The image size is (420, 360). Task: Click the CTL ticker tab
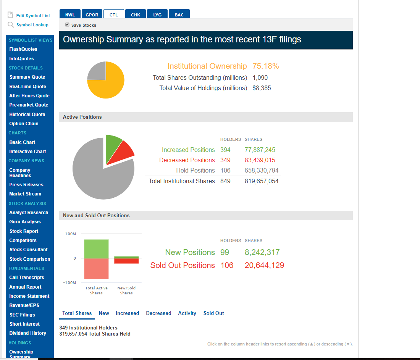click(x=113, y=15)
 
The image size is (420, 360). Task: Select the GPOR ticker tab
click(x=92, y=15)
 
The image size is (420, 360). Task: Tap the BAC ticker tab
click(x=179, y=15)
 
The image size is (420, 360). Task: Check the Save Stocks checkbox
click(x=68, y=25)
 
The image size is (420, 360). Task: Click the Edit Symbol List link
click(x=33, y=16)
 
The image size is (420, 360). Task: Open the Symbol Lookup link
click(x=32, y=25)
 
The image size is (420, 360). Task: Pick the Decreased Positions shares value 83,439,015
click(x=260, y=160)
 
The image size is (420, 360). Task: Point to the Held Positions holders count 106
click(x=225, y=170)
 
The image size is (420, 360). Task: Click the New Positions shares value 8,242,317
click(x=262, y=252)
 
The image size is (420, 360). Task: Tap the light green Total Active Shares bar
click(x=96, y=249)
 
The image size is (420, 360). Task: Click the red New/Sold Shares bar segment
click(x=126, y=261)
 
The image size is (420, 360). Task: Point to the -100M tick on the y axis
click(x=71, y=283)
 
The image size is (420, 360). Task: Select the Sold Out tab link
click(x=213, y=313)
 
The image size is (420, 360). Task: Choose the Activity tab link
click(x=187, y=313)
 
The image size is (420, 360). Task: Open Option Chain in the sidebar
click(x=24, y=124)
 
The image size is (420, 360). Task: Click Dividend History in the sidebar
click(x=27, y=333)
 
